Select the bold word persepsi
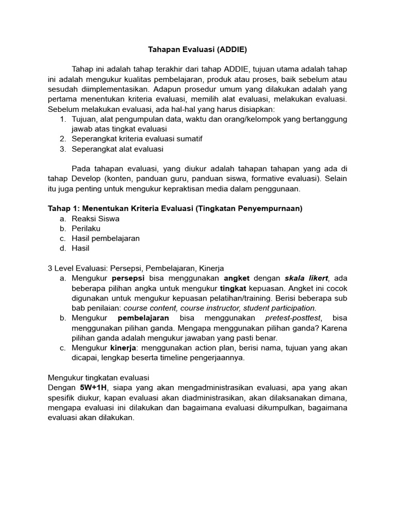(129, 278)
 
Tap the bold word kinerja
(124, 348)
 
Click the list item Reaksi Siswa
(95, 219)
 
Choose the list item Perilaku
(86, 228)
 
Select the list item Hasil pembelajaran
(105, 238)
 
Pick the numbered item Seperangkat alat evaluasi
(117, 149)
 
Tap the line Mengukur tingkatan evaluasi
(98, 377)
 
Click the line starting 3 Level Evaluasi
(136, 268)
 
